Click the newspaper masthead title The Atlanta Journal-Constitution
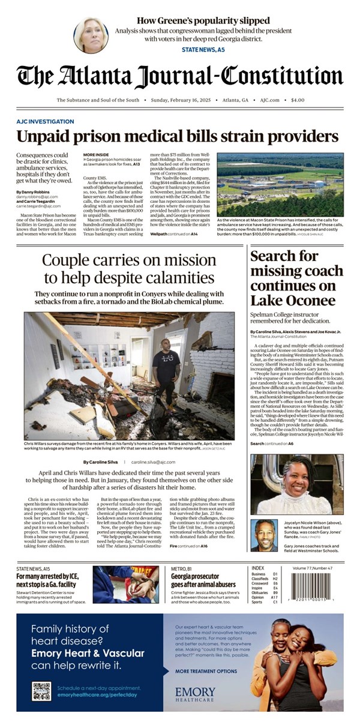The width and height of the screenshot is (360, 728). click(x=180, y=77)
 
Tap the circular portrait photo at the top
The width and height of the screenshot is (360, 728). click(x=91, y=35)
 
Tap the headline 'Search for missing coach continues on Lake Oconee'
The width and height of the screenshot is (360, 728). click(x=292, y=278)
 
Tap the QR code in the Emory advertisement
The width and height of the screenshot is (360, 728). click(x=42, y=691)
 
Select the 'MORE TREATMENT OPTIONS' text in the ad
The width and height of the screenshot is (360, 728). click(x=206, y=671)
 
